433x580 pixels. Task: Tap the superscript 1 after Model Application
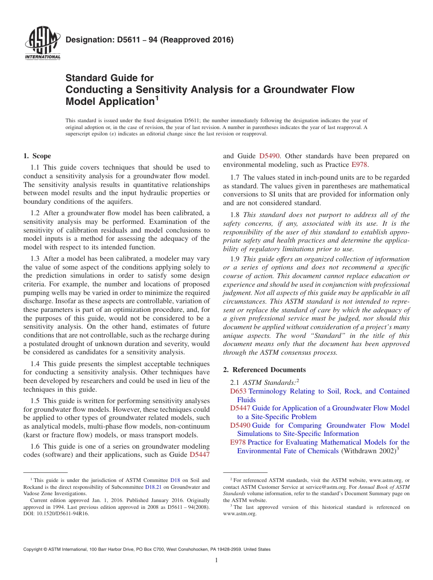click(157, 98)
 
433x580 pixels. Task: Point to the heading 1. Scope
click(37, 156)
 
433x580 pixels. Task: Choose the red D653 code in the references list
click(238, 391)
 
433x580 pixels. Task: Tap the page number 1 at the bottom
click(216, 560)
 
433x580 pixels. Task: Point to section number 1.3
click(35, 258)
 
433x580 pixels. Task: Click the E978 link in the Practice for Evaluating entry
click(237, 442)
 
